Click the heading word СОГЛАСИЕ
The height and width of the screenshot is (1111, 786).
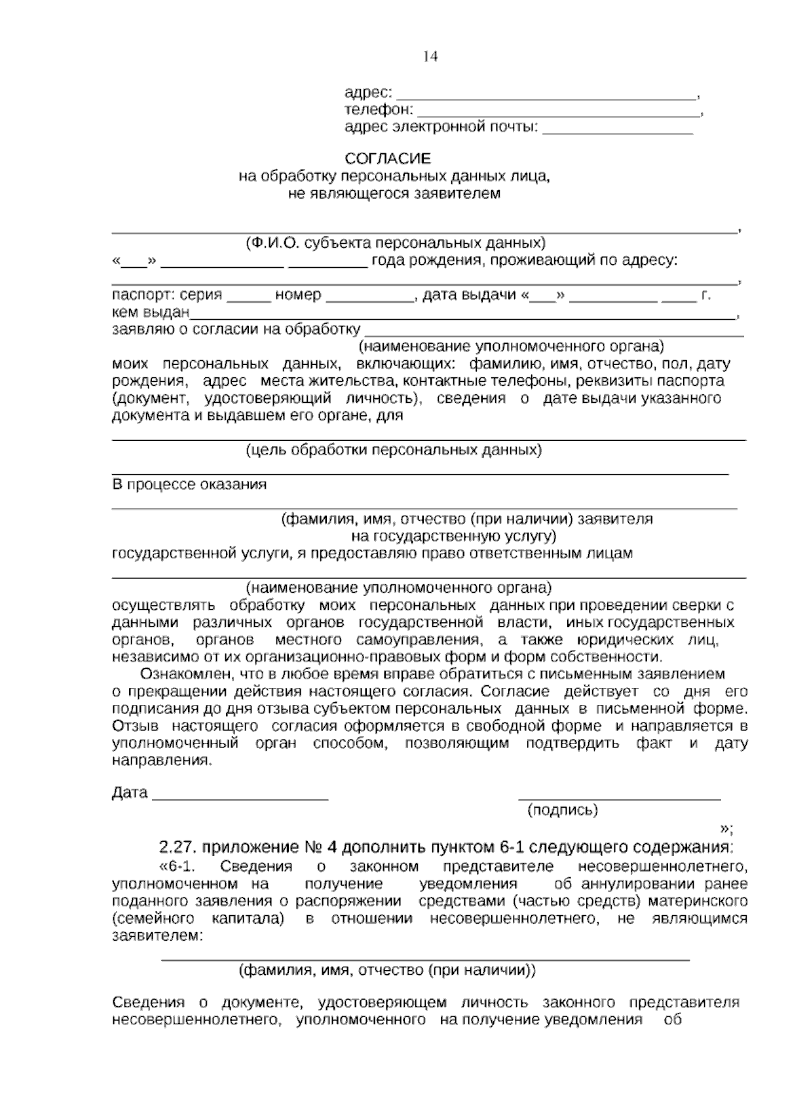pyautogui.click(x=388, y=159)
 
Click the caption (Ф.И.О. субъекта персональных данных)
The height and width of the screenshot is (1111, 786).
pyautogui.click(x=395, y=243)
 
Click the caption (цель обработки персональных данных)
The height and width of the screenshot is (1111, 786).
pyautogui.click(x=394, y=450)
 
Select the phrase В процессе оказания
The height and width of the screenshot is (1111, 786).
pyautogui.click(x=190, y=485)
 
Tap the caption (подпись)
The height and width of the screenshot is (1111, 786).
pyautogui.click(x=563, y=810)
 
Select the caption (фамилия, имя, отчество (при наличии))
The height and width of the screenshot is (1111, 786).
pyautogui.click(x=386, y=970)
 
